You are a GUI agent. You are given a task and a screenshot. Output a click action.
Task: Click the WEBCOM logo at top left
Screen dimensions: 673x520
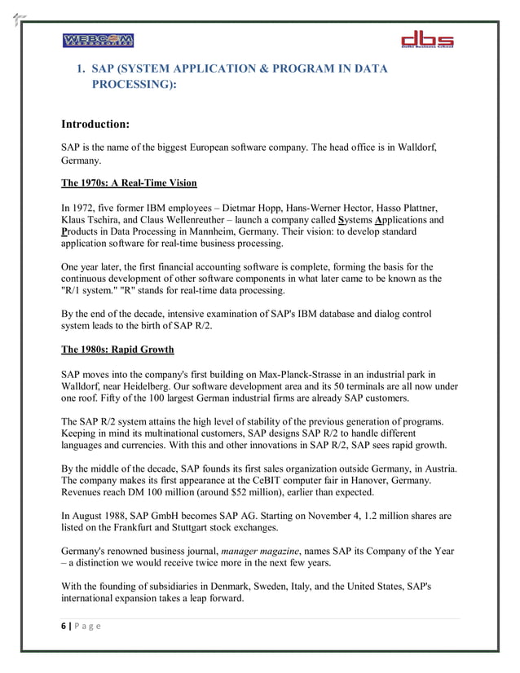coord(97,41)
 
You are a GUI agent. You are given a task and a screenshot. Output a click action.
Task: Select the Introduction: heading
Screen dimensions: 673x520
coord(95,125)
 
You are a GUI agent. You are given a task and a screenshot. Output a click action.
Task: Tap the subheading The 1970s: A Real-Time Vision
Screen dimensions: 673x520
coord(129,183)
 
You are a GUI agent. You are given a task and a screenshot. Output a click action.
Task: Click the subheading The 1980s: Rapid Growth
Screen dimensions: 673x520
coord(117,350)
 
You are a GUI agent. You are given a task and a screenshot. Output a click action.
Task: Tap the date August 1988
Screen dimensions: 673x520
coord(99,517)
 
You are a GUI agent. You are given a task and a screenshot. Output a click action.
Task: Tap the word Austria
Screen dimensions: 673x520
coord(437,468)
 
